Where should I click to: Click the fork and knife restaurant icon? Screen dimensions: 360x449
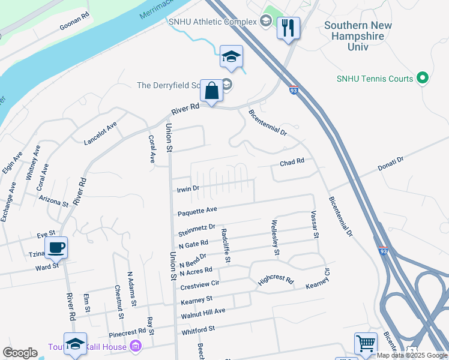click(288, 27)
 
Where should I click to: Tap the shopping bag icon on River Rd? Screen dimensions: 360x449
click(211, 92)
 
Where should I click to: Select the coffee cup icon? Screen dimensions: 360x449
click(56, 247)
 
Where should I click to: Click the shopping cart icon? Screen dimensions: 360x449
click(366, 344)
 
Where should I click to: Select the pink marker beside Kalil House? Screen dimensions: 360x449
click(136, 346)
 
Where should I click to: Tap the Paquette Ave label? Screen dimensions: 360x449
click(197, 211)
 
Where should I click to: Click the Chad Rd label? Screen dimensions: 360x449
click(292, 162)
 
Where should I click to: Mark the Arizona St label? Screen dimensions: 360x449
click(53, 200)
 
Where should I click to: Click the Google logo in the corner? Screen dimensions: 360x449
click(20, 353)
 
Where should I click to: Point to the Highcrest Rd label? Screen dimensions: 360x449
click(276, 281)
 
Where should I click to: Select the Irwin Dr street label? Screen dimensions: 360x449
click(188, 188)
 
